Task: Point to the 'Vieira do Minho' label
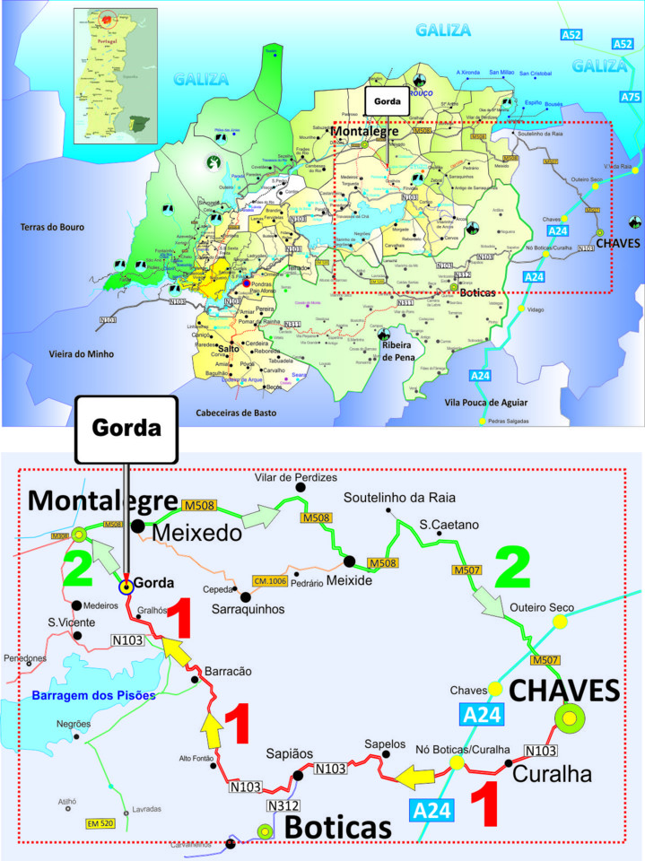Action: [x=82, y=353]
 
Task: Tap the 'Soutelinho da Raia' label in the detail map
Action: [x=400, y=497]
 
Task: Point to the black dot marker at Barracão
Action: [x=196, y=681]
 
